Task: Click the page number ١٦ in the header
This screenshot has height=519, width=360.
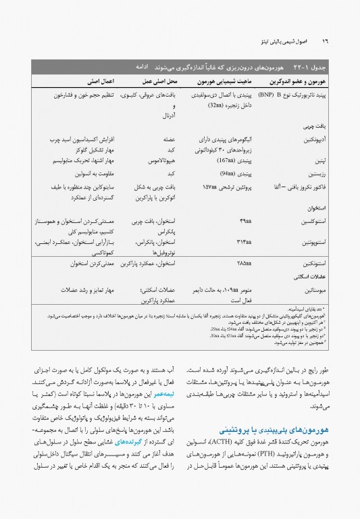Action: [324, 42]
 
